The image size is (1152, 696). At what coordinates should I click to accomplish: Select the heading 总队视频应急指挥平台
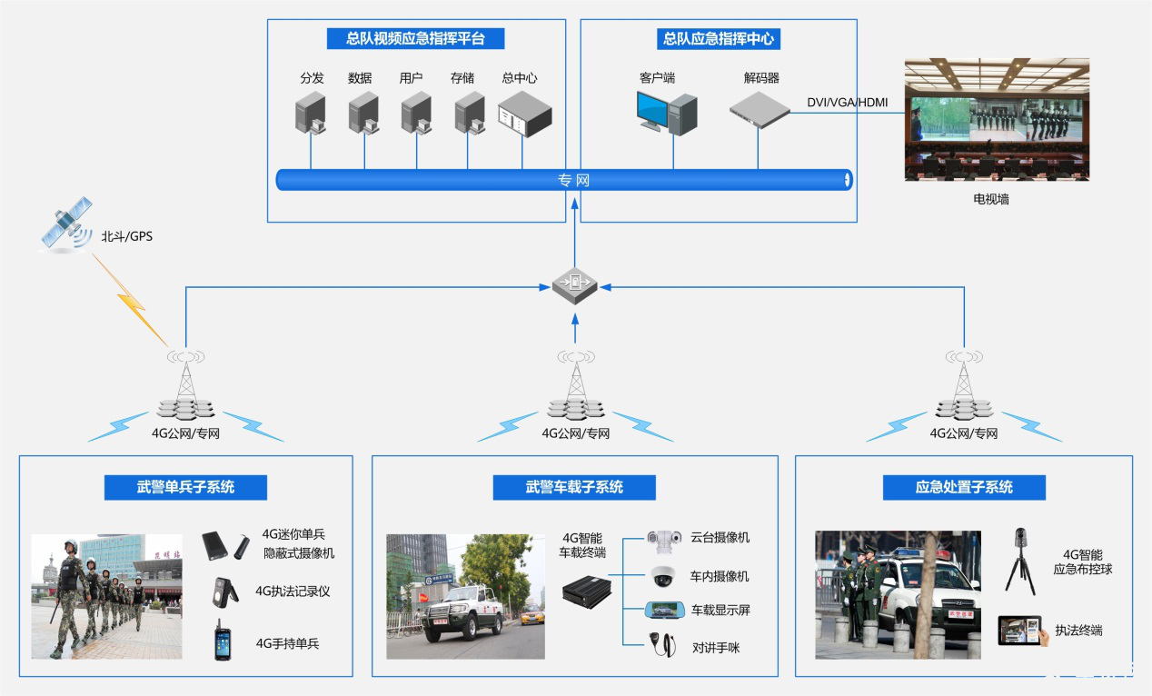(415, 39)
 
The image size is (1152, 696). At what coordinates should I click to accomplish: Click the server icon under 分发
(310, 114)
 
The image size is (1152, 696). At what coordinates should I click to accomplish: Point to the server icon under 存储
(470, 114)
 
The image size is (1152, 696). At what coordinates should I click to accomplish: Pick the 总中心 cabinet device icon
(524, 114)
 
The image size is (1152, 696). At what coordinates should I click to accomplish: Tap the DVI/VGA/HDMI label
(847, 103)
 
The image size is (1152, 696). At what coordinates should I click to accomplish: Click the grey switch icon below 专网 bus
(574, 287)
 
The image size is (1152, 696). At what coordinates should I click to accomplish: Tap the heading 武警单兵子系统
(185, 487)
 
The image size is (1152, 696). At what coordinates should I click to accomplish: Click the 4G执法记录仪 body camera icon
(223, 590)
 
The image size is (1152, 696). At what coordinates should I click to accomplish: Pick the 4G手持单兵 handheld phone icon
(223, 641)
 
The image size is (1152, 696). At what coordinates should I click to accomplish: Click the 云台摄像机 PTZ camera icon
(663, 537)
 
